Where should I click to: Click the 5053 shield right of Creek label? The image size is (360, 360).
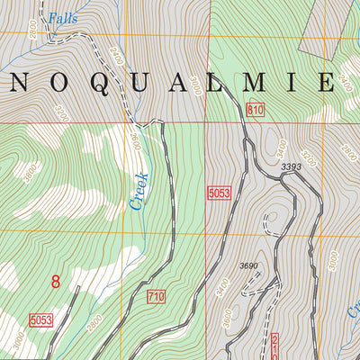[219, 193]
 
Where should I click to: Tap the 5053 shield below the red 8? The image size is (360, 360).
[41, 319]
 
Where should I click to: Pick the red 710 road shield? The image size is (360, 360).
[157, 296]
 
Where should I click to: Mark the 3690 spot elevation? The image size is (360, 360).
[249, 265]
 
